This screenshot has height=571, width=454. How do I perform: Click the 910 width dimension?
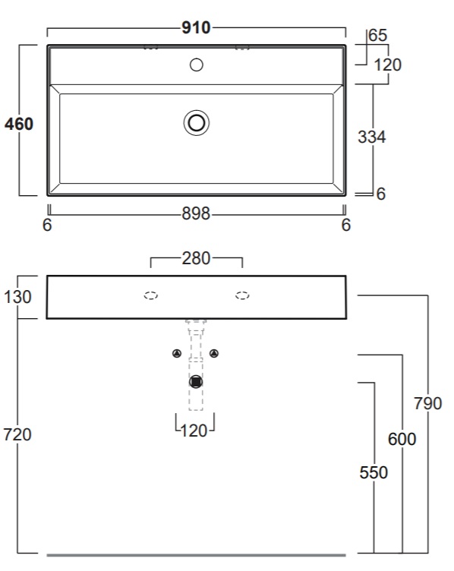click(196, 27)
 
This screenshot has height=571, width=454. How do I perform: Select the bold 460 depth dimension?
click(19, 124)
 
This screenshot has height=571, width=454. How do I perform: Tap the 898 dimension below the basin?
click(196, 213)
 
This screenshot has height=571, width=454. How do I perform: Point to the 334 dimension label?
click(372, 137)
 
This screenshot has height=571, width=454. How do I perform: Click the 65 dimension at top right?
click(377, 36)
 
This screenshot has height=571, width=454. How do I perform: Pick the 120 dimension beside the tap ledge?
click(388, 65)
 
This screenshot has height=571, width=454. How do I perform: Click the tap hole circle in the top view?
click(197, 65)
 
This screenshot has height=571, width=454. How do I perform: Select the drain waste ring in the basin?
click(197, 123)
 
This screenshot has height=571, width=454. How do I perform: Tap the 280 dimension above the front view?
click(196, 258)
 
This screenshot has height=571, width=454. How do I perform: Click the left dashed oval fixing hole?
click(151, 295)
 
